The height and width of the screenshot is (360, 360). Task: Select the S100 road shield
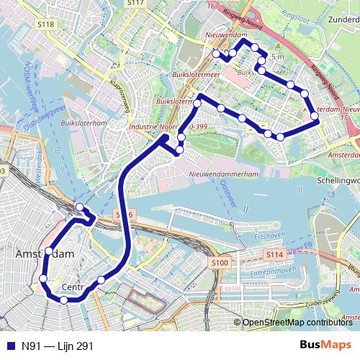(220, 263)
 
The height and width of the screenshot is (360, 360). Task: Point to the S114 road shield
(274, 255)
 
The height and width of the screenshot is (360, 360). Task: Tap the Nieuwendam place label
(225, 35)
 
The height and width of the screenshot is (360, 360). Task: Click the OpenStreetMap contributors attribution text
(297, 323)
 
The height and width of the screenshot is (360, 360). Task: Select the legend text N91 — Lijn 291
(57, 346)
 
